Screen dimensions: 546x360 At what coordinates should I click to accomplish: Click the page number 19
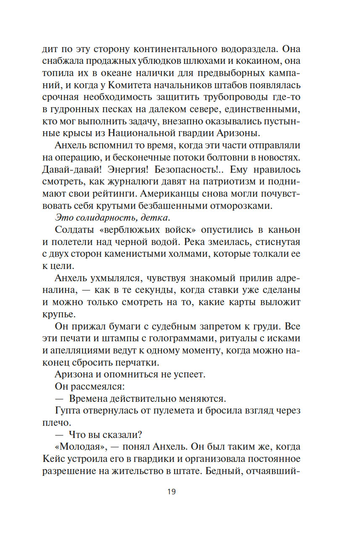(171, 491)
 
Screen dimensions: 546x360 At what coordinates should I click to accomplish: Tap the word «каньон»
(284, 230)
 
